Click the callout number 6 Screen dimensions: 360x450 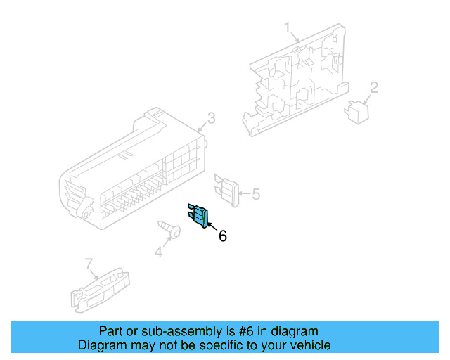(223, 236)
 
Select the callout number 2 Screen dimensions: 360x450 (374, 87)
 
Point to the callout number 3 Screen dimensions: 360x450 (211, 117)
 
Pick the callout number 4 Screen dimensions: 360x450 (159, 251)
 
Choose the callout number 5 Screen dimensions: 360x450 (256, 193)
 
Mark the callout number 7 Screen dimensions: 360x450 (89, 264)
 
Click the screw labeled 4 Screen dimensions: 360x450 (168, 229)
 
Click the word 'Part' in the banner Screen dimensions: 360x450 (111, 331)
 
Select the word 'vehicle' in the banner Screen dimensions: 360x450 (309, 345)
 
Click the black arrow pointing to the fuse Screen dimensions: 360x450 (210, 226)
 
